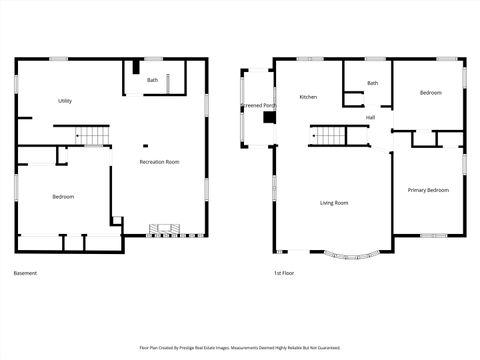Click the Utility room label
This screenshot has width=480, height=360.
[65, 101]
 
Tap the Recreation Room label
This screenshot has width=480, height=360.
[159, 161]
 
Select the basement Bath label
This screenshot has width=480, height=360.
[152, 80]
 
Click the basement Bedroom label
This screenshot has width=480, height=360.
[63, 197]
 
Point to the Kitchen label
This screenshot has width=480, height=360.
[308, 97]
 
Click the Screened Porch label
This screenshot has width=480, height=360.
[258, 105]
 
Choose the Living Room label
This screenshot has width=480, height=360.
[334, 203]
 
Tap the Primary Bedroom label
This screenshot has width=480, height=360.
[428, 190]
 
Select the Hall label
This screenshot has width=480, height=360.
[370, 118]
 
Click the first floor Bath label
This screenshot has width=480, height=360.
[372, 83]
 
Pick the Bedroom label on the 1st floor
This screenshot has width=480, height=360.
[430, 93]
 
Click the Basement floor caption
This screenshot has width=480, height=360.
[25, 273]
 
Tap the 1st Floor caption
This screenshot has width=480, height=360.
[284, 273]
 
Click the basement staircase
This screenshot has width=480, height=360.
[92, 136]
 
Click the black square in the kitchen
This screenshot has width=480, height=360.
[268, 117]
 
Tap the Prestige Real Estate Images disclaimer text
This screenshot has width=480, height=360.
[239, 349]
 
